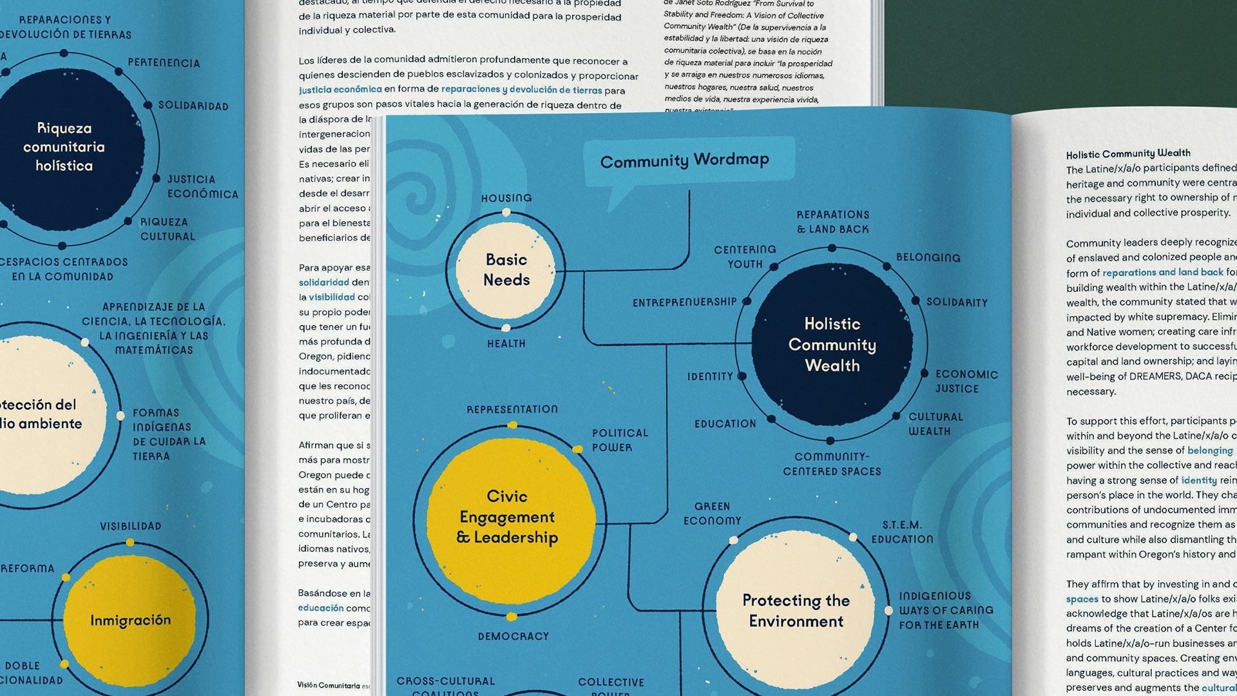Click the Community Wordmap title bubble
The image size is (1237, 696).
(685, 160)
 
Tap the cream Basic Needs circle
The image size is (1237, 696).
(506, 269)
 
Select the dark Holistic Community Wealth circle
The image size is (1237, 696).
(832, 344)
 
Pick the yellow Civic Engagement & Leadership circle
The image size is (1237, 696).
(508, 517)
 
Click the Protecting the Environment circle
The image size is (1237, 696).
(796, 610)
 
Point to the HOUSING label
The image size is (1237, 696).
(506, 198)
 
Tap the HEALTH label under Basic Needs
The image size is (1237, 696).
(506, 343)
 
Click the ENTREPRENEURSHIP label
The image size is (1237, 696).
(684, 302)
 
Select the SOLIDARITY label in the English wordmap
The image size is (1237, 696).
(957, 302)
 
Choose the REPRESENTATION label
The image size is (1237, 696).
(512, 409)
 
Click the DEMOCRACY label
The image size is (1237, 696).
(513, 636)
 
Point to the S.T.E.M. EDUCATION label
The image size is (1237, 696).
(902, 532)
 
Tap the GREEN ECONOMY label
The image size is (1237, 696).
(713, 514)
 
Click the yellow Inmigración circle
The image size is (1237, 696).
(130, 620)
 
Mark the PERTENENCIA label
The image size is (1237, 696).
(164, 63)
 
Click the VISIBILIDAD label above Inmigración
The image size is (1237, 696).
(131, 526)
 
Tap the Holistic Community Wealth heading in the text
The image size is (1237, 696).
(1127, 153)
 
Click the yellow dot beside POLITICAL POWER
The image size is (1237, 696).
(578, 449)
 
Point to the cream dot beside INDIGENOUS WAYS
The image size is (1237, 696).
(888, 610)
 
